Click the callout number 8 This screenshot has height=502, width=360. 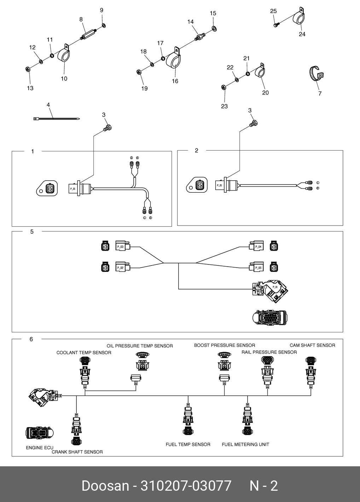click(81, 19)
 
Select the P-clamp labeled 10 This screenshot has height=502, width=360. click(64, 55)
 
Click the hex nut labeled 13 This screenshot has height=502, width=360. click(28, 69)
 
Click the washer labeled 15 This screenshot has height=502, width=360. click(214, 28)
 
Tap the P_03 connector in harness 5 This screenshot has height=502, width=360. click(122, 246)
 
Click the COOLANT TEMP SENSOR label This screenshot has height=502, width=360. click(84, 352)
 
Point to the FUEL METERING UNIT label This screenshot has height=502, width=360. click(245, 444)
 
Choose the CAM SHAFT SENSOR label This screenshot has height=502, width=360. click(312, 345)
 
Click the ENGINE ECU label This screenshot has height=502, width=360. click(40, 448)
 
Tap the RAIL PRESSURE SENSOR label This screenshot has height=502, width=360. click(269, 352)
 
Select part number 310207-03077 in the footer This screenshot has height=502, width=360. click(186, 486)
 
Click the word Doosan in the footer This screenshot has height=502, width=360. click(105, 486)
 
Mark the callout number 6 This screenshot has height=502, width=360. click(31, 339)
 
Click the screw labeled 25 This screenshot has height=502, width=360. click(276, 25)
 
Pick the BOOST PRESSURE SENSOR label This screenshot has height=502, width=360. click(225, 345)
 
